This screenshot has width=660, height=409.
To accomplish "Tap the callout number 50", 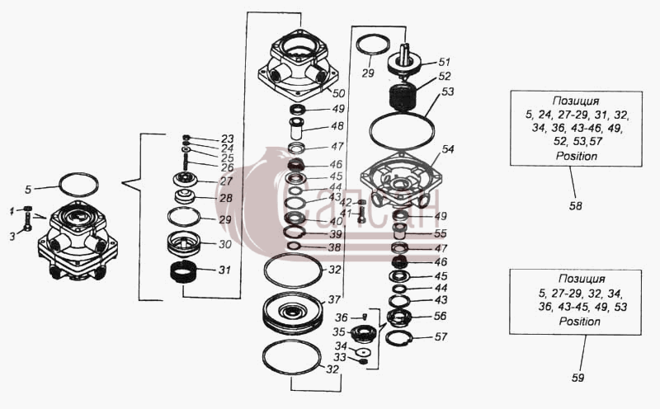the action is pyautogui.click(x=338, y=93).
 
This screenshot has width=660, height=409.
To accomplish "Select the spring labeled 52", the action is pyautogui.click(x=403, y=97).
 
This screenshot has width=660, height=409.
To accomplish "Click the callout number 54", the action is pyautogui.click(x=448, y=149).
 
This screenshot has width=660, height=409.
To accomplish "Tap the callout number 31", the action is pyautogui.click(x=224, y=270).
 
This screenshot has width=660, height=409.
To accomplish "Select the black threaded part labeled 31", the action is pyautogui.click(x=183, y=271).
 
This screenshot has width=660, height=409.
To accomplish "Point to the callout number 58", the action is pyautogui.click(x=575, y=206).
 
